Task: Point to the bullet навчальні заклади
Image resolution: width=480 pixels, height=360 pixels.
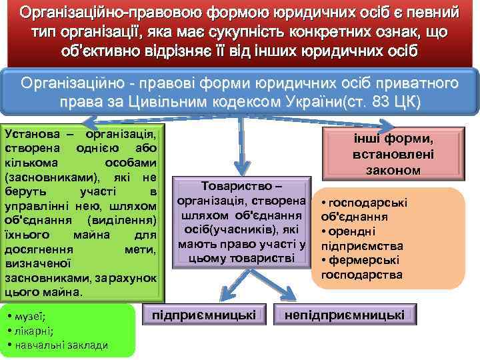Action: (x=61, y=344)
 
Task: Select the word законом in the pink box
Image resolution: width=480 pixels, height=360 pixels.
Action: (x=393, y=170)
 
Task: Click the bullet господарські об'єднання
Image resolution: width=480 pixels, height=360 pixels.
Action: (x=363, y=209)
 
